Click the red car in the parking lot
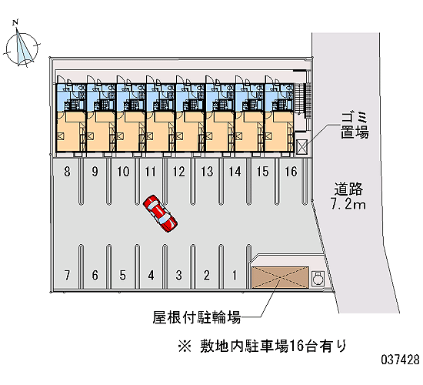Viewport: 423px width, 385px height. (x=160, y=213)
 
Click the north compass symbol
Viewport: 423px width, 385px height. (x=22, y=48)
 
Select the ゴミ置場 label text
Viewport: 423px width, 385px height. (x=355, y=126)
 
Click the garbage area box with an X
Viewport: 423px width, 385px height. (x=301, y=147)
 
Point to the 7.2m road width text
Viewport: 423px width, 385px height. (x=348, y=204)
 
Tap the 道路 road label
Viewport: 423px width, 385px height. (x=348, y=189)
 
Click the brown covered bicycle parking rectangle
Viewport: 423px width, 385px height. (x=280, y=277)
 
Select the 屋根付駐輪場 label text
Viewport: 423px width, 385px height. (x=196, y=317)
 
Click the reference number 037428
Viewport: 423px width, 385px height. (x=401, y=360)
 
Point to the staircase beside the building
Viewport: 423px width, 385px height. (x=303, y=100)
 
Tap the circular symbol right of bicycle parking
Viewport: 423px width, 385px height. (x=318, y=278)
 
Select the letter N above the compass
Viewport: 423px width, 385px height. (x=15, y=22)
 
